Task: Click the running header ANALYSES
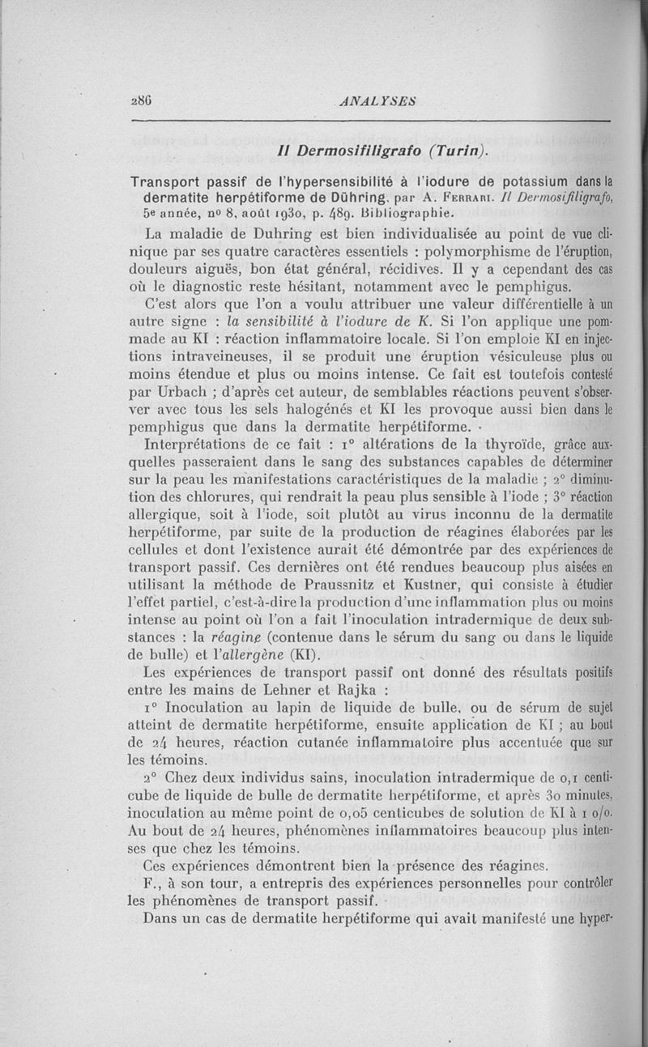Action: (379, 101)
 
